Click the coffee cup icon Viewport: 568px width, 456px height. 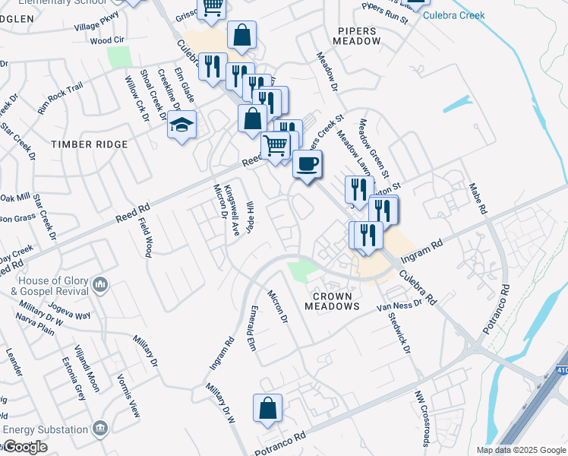[x=307, y=163]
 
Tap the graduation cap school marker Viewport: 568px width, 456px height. [x=182, y=123]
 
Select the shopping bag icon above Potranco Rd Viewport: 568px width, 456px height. [x=267, y=407]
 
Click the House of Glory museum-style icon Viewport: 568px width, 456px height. [x=100, y=286]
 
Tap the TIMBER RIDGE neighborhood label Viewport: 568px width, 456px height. [x=89, y=144]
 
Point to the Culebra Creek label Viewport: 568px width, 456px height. [x=453, y=15]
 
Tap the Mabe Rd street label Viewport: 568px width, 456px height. [x=476, y=198]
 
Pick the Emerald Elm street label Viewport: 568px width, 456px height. [x=252, y=328]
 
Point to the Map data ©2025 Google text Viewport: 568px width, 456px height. [x=521, y=450]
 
